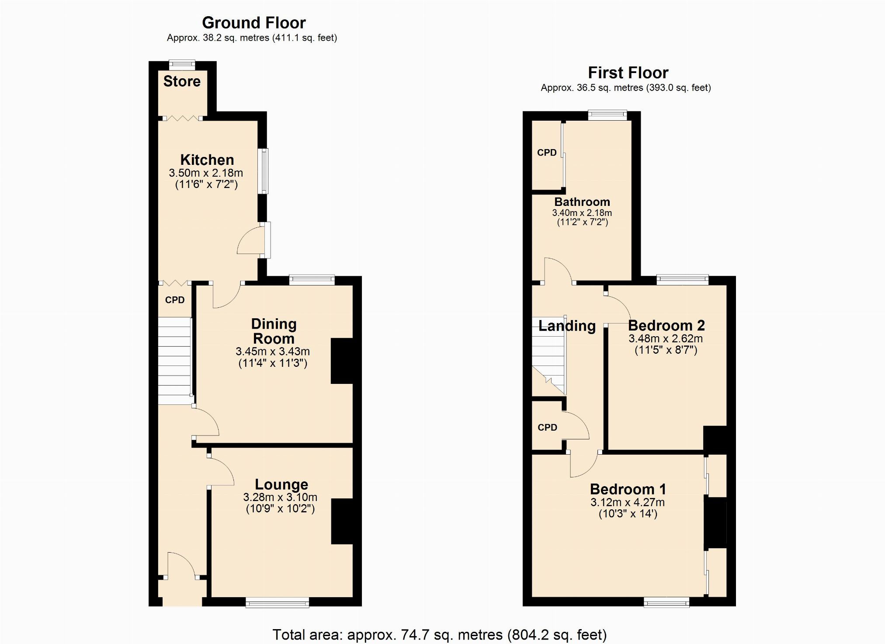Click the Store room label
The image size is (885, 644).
pos(182,81)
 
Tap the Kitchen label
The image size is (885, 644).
pos(207,160)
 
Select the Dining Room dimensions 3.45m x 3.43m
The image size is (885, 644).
pos(273,352)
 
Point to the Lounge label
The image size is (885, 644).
pos(281,484)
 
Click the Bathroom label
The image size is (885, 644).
pos(582,202)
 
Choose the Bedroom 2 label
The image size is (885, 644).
pos(666,326)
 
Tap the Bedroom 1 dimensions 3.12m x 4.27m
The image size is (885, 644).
pos(628,502)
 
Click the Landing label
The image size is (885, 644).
pos(567,326)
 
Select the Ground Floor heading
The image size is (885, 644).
pos(254,23)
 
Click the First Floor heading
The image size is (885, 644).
pos(628,73)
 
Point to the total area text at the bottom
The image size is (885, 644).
pos(440,634)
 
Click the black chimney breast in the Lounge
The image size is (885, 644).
pos(342,522)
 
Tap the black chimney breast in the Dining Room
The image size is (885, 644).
pos(342,361)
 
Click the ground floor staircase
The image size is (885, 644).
pos(175,361)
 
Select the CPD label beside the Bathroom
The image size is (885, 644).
pos(547,153)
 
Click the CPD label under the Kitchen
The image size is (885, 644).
pos(175,300)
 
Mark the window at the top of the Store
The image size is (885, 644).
pos(182,65)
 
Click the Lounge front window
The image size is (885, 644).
pos(278,603)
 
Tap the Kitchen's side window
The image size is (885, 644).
pos(263,171)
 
